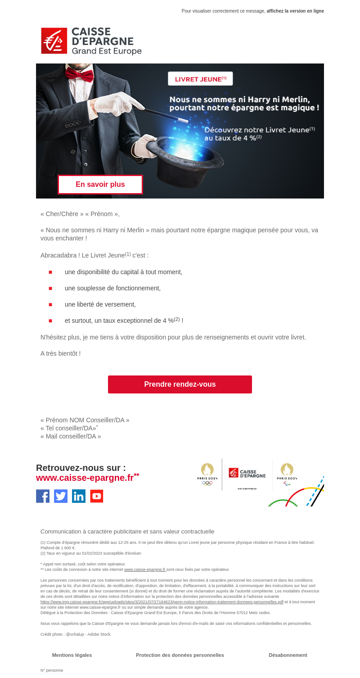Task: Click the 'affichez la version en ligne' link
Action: pyautogui.click(x=295, y=11)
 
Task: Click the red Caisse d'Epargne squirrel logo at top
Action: pyautogui.click(x=54, y=41)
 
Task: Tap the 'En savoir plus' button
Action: pyautogui.click(x=100, y=185)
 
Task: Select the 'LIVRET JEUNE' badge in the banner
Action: pyautogui.click(x=200, y=79)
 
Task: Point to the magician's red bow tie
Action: pyautogui.click(x=79, y=74)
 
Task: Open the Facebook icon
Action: pyautogui.click(x=43, y=496)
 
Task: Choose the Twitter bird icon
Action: pyautogui.click(x=61, y=496)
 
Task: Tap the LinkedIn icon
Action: pyautogui.click(x=79, y=496)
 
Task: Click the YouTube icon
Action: pyautogui.click(x=97, y=496)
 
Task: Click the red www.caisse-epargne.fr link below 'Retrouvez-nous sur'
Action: pyautogui.click(x=85, y=478)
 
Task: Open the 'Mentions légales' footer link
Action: pyautogui.click(x=72, y=655)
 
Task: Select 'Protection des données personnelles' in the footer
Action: pyautogui.click(x=180, y=655)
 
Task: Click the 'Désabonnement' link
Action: pyautogui.click(x=288, y=655)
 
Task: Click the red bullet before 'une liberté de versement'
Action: pyautogui.click(x=50, y=305)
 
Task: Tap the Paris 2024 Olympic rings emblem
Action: pyautogui.click(x=207, y=475)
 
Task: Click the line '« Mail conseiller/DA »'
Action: pyautogui.click(x=71, y=436)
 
